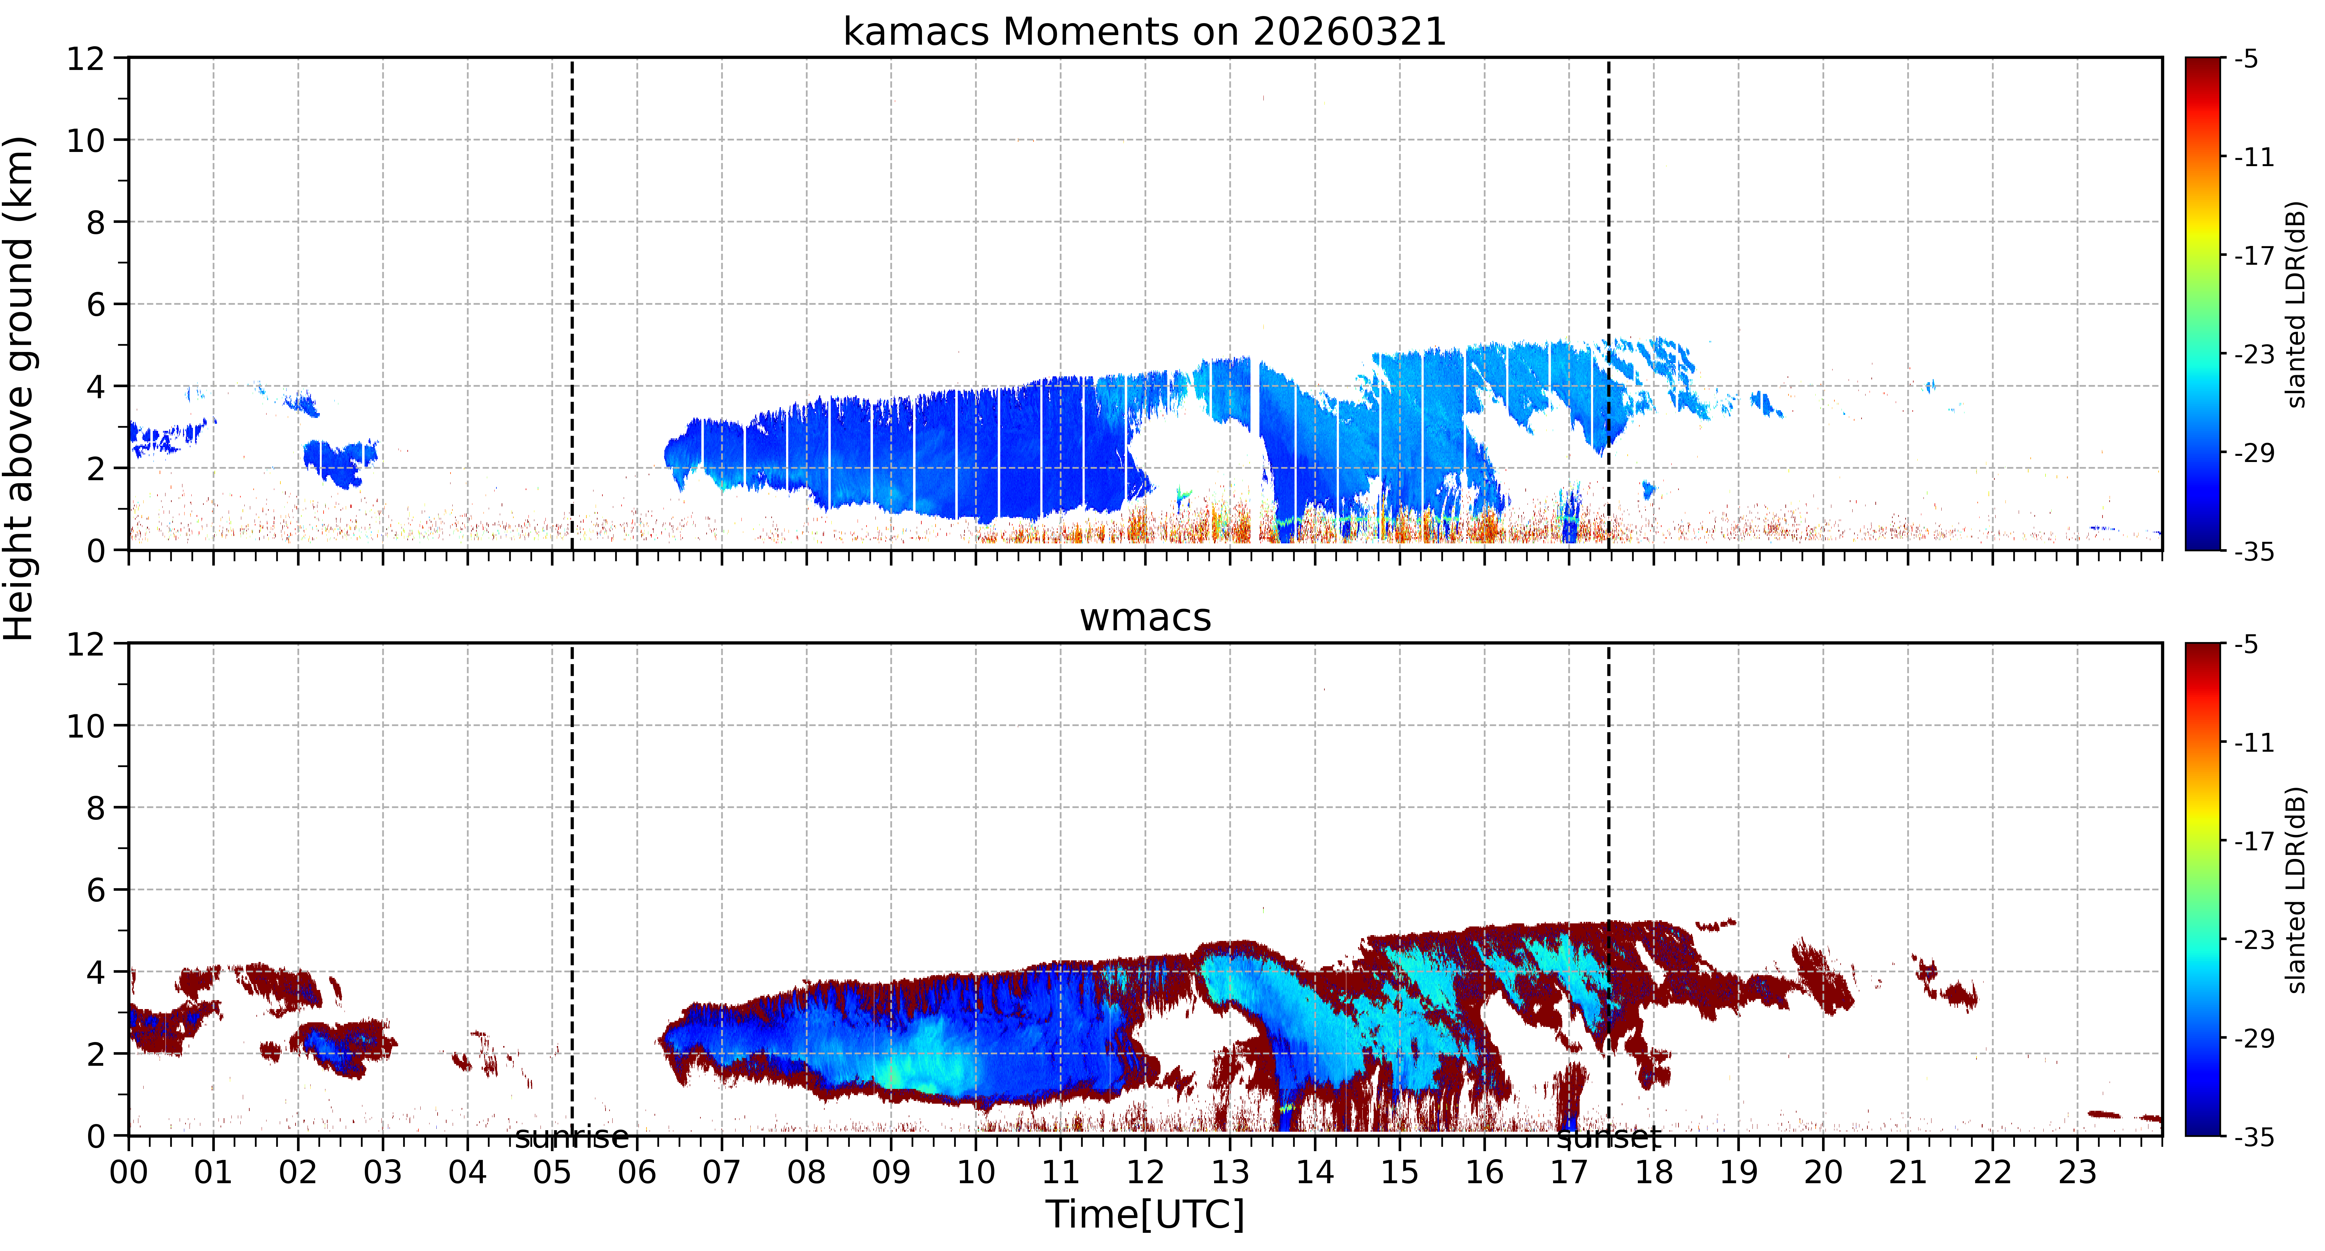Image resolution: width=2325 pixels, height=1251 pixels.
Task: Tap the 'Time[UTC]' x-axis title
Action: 1144,1214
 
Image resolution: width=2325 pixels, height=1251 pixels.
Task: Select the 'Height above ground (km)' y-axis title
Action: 20,388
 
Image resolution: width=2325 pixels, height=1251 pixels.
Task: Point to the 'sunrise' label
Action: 571,1137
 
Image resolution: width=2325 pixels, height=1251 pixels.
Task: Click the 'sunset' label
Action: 1608,1137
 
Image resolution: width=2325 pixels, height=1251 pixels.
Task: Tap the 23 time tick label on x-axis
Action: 2077,1172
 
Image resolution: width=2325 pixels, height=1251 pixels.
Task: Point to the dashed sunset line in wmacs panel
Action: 1608,889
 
